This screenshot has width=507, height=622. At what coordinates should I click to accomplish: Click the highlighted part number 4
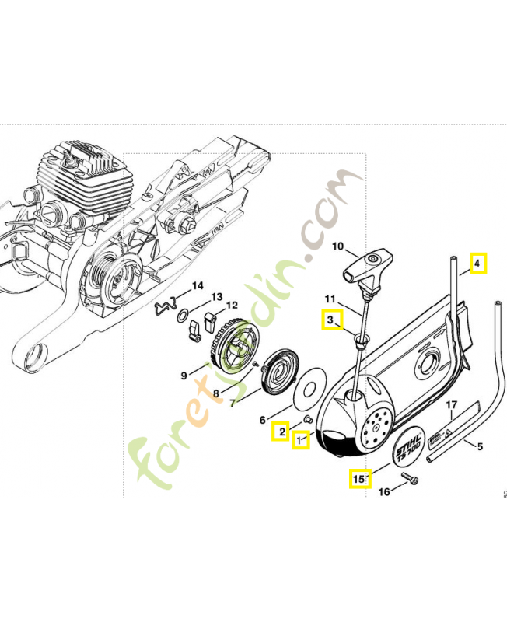(477, 263)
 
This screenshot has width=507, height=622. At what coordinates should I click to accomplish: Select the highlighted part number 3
(330, 320)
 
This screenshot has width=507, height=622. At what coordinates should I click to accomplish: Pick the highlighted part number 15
(358, 479)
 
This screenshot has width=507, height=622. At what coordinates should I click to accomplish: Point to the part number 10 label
(337, 246)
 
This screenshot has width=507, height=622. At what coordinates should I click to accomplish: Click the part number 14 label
(198, 285)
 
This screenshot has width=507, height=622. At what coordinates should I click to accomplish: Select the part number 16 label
(383, 491)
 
